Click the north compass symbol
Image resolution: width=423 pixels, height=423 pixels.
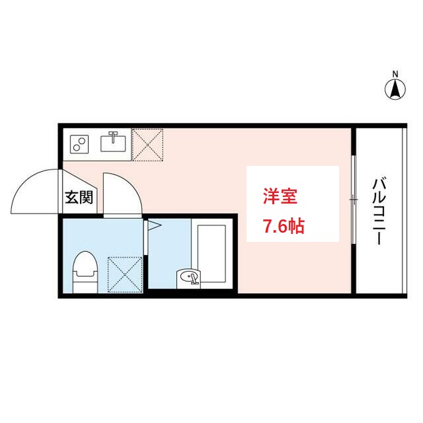(395, 89)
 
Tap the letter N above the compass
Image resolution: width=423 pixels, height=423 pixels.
(395, 73)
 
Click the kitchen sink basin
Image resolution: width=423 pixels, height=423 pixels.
(113, 143)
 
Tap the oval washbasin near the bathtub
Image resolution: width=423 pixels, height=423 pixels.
(188, 277)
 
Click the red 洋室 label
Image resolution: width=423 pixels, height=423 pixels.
(280, 196)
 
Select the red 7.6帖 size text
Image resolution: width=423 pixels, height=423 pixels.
(284, 227)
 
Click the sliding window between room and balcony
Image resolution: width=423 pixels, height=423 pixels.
(354, 199)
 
